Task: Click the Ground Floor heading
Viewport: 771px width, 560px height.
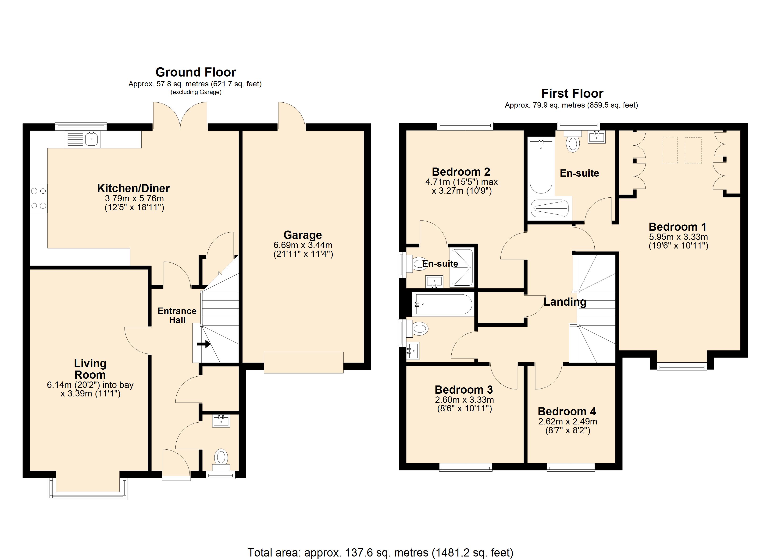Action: coord(196,72)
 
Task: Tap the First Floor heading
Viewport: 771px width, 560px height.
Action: coord(572,93)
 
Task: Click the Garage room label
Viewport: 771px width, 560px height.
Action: coord(303,235)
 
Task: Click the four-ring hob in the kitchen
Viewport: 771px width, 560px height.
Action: coord(38,198)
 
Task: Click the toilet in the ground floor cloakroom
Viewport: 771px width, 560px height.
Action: coord(221,459)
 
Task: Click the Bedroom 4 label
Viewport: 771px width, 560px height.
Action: coord(567,412)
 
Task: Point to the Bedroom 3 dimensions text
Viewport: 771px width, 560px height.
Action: coord(464,404)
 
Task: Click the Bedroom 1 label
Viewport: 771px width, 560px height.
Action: coord(678,227)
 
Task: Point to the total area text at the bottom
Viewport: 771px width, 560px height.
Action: coord(380,553)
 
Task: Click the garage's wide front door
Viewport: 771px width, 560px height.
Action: coord(303,363)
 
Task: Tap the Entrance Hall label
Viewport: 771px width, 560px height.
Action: coord(177,315)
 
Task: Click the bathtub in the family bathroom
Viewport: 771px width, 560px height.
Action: coord(443,304)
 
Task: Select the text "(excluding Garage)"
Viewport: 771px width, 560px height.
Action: coord(196,92)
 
